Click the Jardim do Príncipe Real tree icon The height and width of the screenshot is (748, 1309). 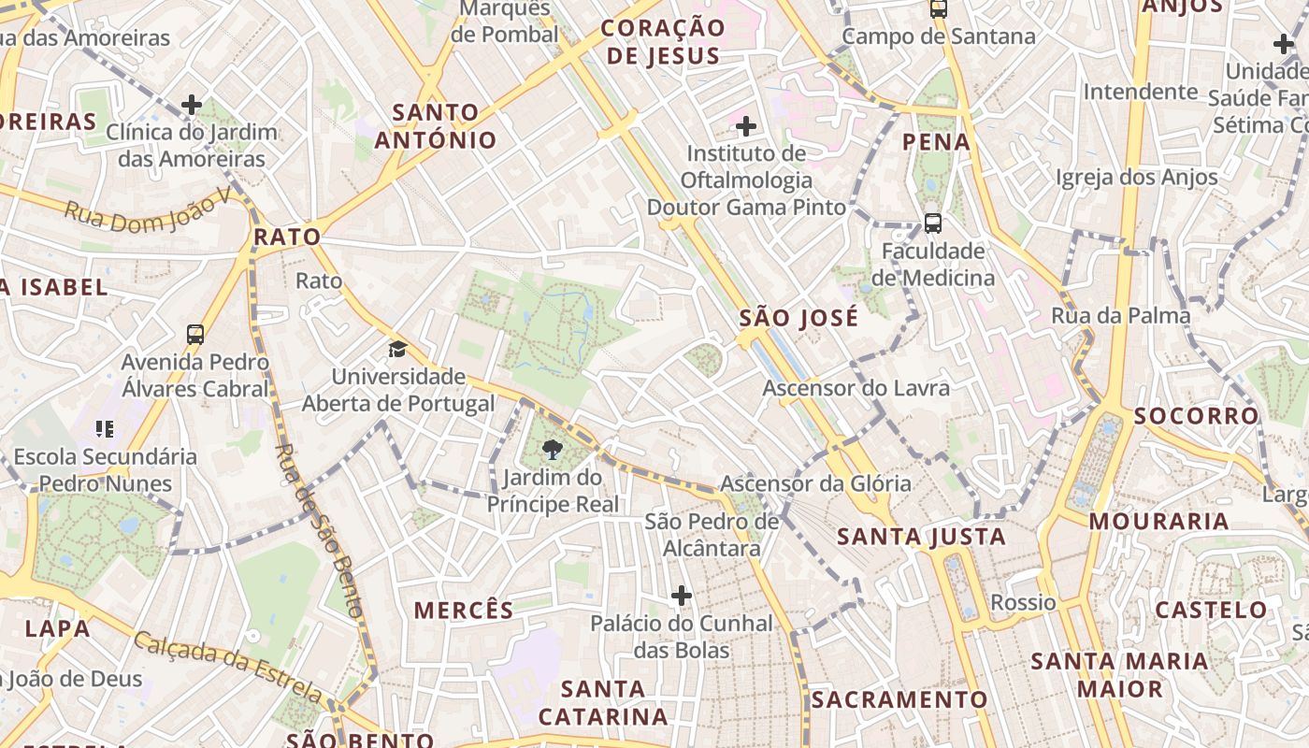coord(553,451)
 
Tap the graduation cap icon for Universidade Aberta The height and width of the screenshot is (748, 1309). coord(398,350)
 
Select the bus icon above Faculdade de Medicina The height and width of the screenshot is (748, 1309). coord(932,223)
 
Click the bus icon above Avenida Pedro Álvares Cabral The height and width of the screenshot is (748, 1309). coord(195,334)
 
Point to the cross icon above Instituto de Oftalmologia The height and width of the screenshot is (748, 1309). coord(746,125)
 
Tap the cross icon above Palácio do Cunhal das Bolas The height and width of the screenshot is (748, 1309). coord(682,595)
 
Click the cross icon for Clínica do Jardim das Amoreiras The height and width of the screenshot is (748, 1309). coord(192,105)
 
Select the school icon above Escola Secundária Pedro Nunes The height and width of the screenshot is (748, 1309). coord(105,429)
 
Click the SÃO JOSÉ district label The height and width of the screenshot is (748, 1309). coord(798,318)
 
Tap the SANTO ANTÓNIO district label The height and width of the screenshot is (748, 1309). coord(436,126)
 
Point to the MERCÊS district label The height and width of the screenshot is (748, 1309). coord(464,611)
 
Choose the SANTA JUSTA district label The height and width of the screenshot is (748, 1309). coord(921,537)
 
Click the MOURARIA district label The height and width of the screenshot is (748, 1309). coord(1158,521)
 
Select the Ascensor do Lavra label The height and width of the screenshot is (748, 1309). coord(856,387)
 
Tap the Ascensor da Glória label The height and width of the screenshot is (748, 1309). coord(815,483)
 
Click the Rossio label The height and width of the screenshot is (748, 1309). coord(1023,602)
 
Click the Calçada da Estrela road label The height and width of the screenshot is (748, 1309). coord(228,667)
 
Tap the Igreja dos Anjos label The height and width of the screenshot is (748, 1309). coord(1136,177)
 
